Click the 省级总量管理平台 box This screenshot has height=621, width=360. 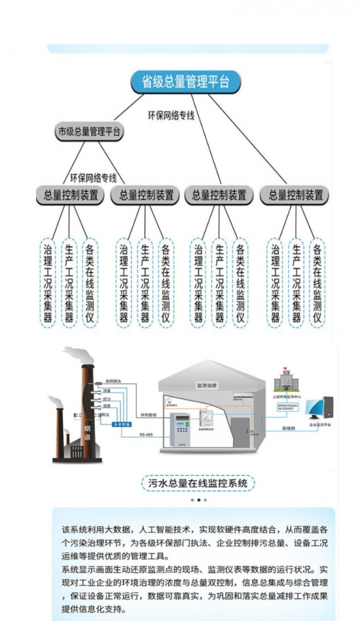tap(185, 82)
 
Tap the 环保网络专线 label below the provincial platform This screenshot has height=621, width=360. tap(172, 115)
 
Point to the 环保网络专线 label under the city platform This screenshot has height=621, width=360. tap(93, 178)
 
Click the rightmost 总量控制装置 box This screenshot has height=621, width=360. tap(295, 195)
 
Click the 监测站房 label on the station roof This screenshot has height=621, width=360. tap(206, 385)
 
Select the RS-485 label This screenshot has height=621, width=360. tap(146, 435)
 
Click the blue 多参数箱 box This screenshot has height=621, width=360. tap(122, 424)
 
